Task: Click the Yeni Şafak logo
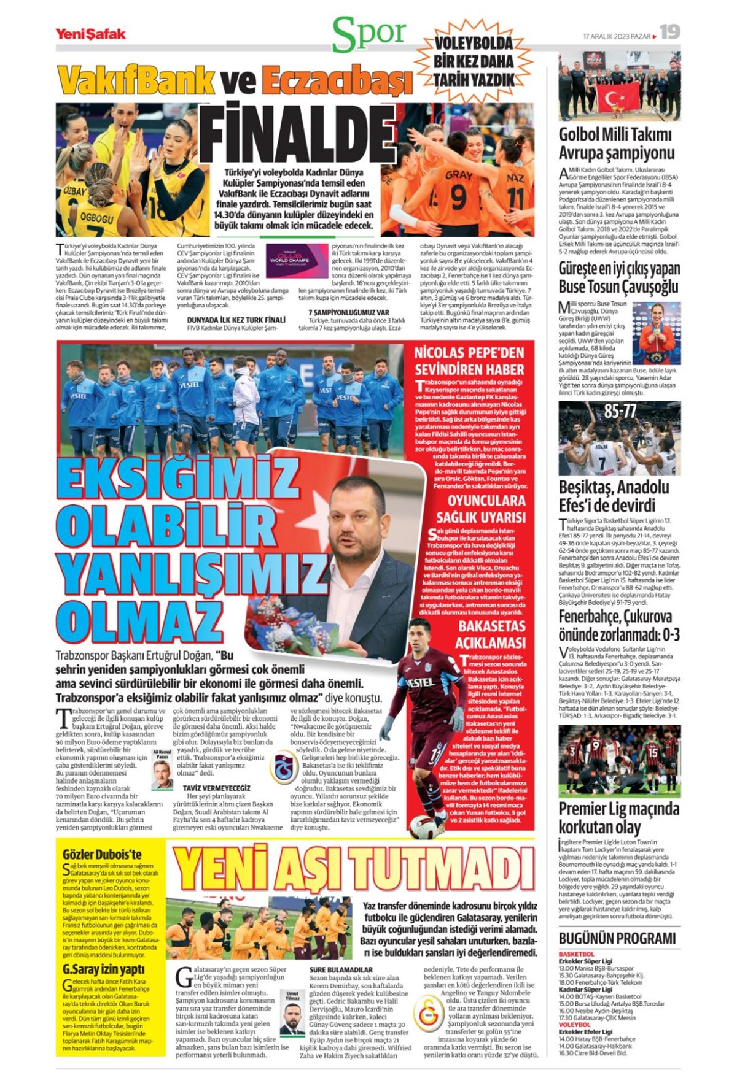pyautogui.click(x=90, y=34)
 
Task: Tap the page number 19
pyautogui.click(x=670, y=32)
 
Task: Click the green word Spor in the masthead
pyautogui.click(x=369, y=34)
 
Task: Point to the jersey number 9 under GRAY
pyautogui.click(x=458, y=198)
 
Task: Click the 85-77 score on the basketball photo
pyautogui.click(x=620, y=412)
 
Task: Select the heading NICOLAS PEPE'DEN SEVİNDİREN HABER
pyautogui.click(x=469, y=361)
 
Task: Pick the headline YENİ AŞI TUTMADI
pyautogui.click(x=353, y=870)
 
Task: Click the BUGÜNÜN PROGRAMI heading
pyautogui.click(x=617, y=938)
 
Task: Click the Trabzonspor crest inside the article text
pyautogui.click(x=283, y=768)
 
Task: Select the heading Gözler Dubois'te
pyautogui.click(x=102, y=855)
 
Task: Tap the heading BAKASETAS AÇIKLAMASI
pyautogui.click(x=491, y=634)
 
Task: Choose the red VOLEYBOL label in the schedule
pyautogui.click(x=574, y=1025)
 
